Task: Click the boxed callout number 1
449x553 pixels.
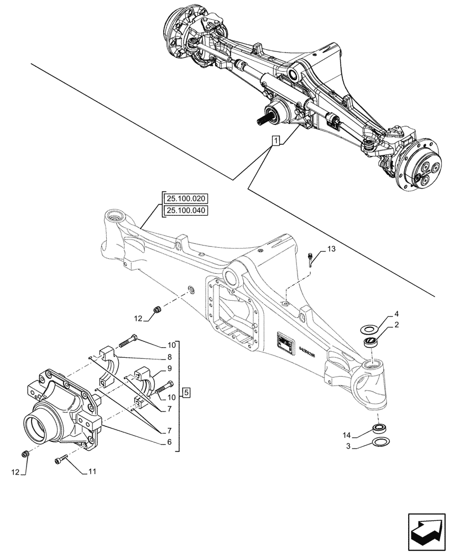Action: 275,140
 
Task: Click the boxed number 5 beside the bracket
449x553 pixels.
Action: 186,393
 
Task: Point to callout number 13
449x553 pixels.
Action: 331,250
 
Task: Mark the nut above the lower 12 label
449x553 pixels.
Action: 24,454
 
